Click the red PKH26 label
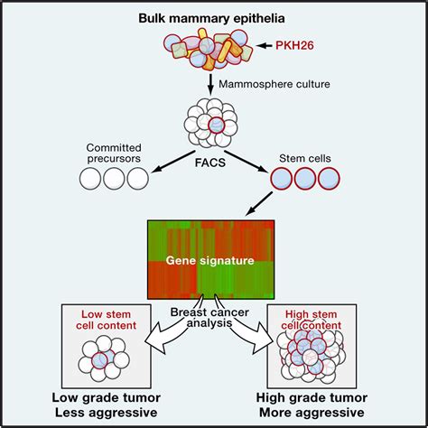(294, 45)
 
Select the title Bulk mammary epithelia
(211, 18)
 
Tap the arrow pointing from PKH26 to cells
(265, 46)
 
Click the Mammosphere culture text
(274, 84)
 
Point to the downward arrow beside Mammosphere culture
(210, 83)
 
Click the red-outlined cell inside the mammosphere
(216, 125)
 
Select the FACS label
(210, 163)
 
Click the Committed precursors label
(114, 153)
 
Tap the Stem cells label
(305, 158)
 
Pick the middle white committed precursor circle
(114, 179)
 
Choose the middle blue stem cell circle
(305, 179)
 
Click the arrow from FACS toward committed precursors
(172, 162)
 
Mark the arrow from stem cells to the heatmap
(259, 204)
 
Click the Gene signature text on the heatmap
(210, 260)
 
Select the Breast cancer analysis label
(209, 318)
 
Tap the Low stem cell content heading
(106, 320)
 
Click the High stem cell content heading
(312, 320)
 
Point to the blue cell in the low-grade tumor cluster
(100, 360)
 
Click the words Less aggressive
(106, 413)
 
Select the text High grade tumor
(312, 398)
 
